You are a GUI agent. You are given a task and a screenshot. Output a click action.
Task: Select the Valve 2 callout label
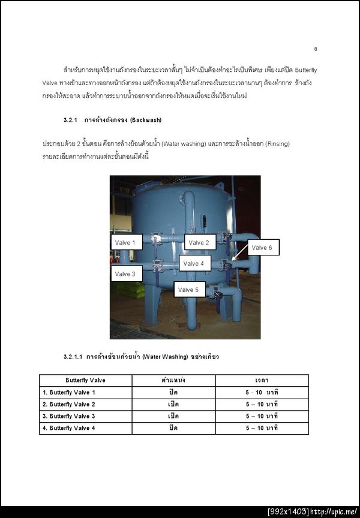click(x=199, y=242)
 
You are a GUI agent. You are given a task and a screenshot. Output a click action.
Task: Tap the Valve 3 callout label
click(x=125, y=274)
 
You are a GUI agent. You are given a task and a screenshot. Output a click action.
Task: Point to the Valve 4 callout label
click(x=194, y=263)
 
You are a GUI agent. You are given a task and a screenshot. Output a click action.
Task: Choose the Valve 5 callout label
click(x=188, y=290)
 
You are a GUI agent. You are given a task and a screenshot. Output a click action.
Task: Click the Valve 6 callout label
click(x=262, y=248)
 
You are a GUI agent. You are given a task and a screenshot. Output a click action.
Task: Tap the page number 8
click(x=316, y=49)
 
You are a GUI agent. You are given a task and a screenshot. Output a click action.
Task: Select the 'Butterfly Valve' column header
click(x=85, y=380)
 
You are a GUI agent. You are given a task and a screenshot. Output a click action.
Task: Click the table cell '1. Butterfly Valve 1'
click(x=69, y=392)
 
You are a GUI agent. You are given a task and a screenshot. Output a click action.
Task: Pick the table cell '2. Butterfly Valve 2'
click(x=69, y=404)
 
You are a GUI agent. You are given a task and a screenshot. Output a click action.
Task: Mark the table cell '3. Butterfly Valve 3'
click(x=69, y=416)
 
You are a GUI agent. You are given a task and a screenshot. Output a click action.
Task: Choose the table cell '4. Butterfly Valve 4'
click(x=69, y=428)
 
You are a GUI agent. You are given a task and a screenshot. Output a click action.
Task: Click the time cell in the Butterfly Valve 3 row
click(x=262, y=416)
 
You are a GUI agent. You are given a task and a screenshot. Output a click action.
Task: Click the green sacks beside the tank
click(x=130, y=290)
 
